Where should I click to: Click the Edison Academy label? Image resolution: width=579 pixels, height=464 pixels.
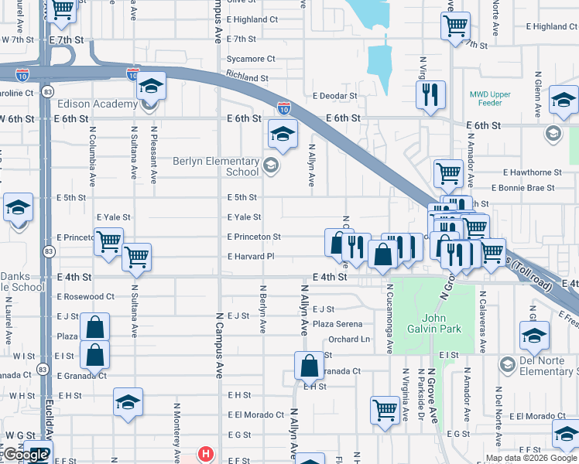pos(94,104)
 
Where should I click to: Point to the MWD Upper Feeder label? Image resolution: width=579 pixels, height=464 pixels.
pos(490,99)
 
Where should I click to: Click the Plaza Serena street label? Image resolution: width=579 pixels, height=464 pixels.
pos(337,324)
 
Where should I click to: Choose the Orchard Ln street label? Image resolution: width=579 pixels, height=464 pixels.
pos(348,339)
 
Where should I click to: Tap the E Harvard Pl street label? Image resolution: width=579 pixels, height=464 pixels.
pos(251,257)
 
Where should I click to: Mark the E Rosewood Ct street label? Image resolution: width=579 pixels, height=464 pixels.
pos(86,296)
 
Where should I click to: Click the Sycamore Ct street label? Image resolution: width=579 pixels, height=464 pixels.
pos(251,59)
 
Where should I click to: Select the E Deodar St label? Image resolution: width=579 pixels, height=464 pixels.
pos(335,97)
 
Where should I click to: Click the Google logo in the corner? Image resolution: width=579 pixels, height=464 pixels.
pos(26,455)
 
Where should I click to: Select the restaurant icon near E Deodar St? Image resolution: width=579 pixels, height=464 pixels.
pos(428,95)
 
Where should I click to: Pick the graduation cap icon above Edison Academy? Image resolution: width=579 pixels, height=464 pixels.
pos(152,87)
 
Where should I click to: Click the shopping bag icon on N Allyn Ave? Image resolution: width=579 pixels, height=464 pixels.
pos(309,365)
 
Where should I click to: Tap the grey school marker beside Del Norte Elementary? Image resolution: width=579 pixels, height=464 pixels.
pos(508,364)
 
